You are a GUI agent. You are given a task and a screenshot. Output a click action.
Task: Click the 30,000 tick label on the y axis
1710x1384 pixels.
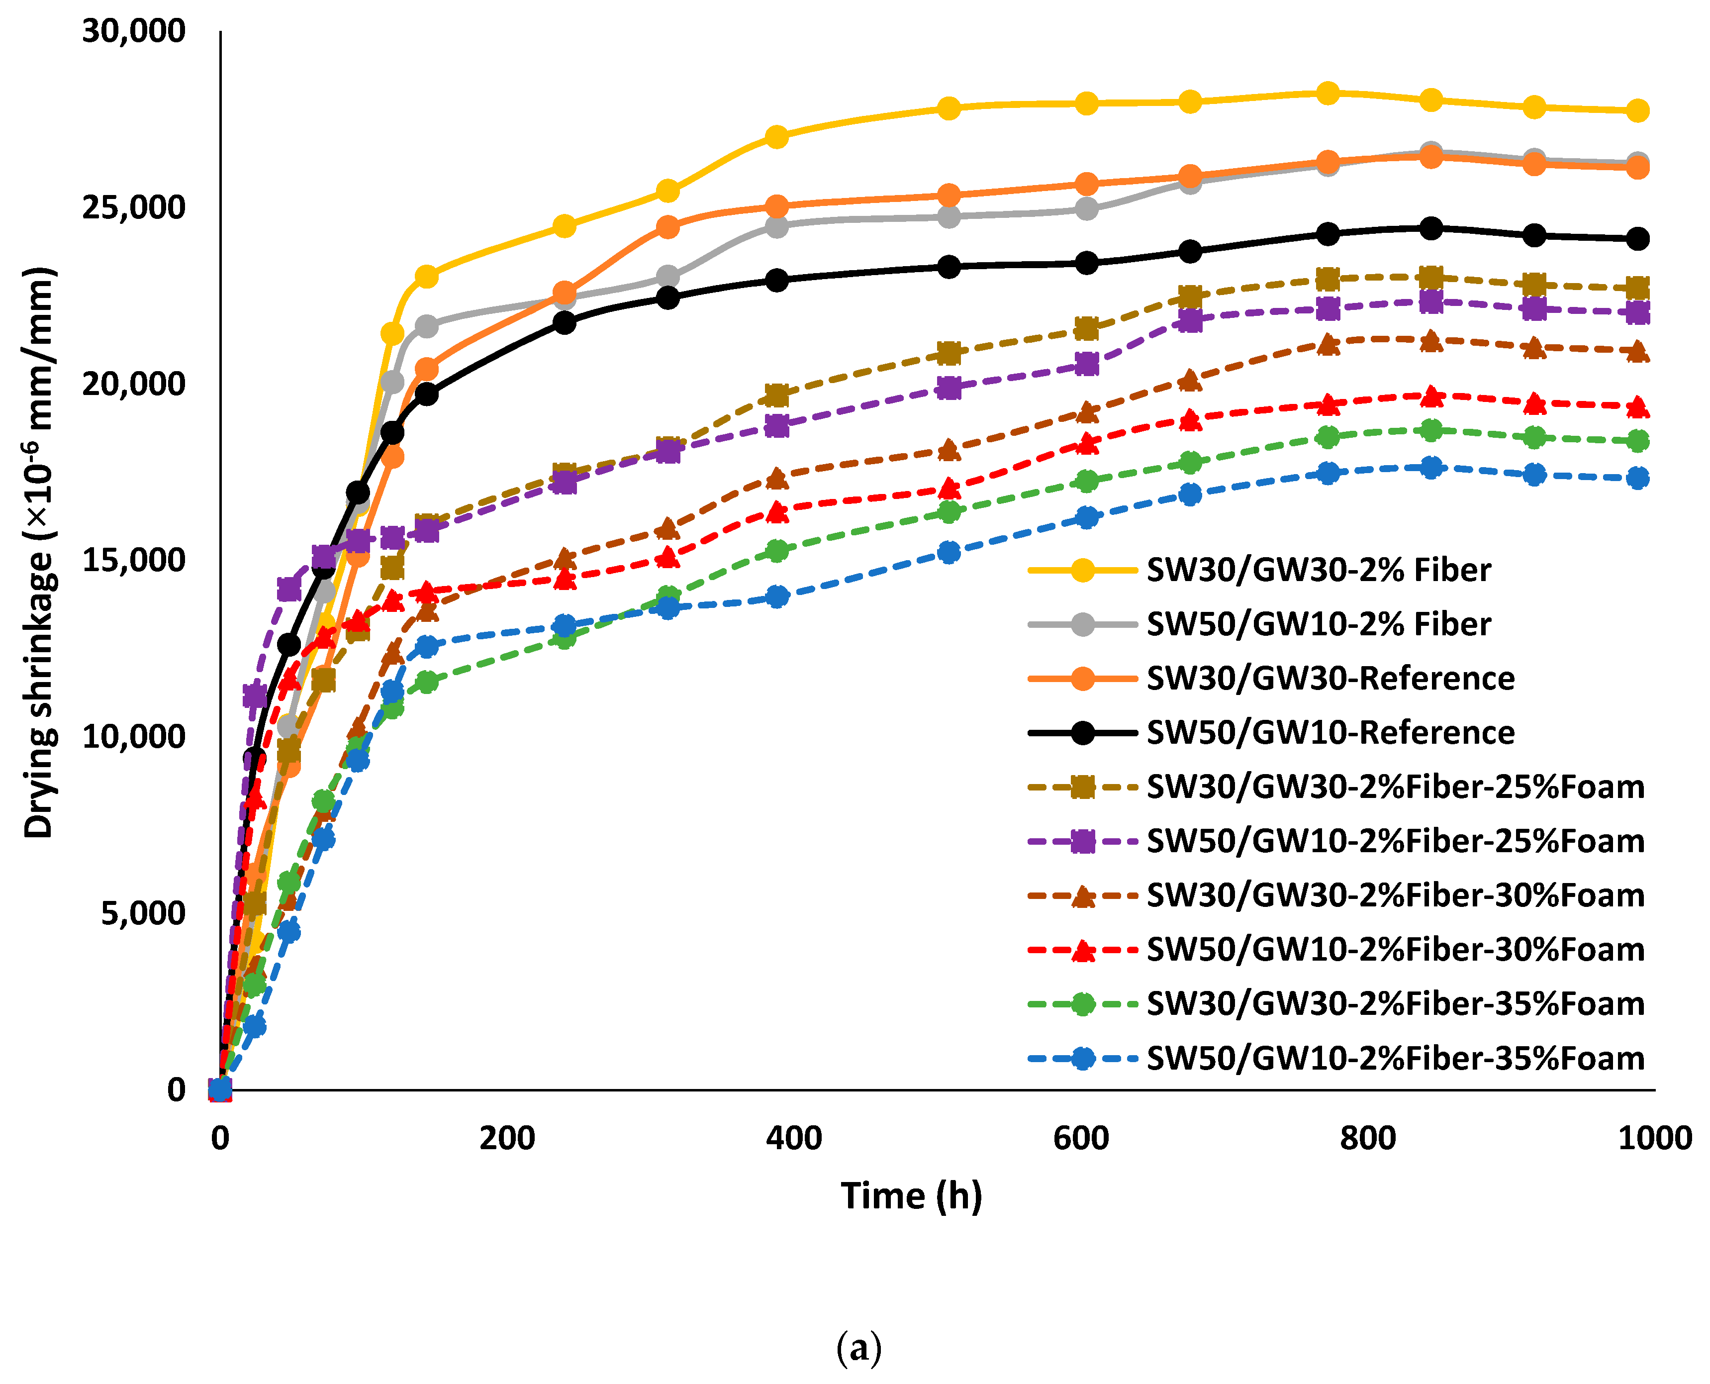point(133,32)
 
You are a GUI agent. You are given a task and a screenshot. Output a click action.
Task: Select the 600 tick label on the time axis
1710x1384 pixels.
point(1080,1138)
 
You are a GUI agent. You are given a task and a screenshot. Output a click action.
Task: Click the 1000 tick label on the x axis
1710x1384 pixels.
point(1654,1138)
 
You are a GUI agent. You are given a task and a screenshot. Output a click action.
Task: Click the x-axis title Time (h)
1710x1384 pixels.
point(911,1196)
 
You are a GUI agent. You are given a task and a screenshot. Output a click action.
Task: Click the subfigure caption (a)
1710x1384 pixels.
point(858,1348)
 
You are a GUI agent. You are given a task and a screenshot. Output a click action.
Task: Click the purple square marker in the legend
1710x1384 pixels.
point(1082,842)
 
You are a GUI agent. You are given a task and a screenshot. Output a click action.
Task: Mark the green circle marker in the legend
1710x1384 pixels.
point(1082,1004)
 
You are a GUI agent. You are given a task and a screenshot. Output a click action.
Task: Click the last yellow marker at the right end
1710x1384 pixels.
point(1637,111)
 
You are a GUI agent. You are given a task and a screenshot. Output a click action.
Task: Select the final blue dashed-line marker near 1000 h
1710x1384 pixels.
point(1637,479)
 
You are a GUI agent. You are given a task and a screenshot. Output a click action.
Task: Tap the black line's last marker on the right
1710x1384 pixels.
point(1637,238)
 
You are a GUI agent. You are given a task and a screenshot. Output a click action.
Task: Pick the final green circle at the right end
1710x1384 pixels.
point(1637,441)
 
